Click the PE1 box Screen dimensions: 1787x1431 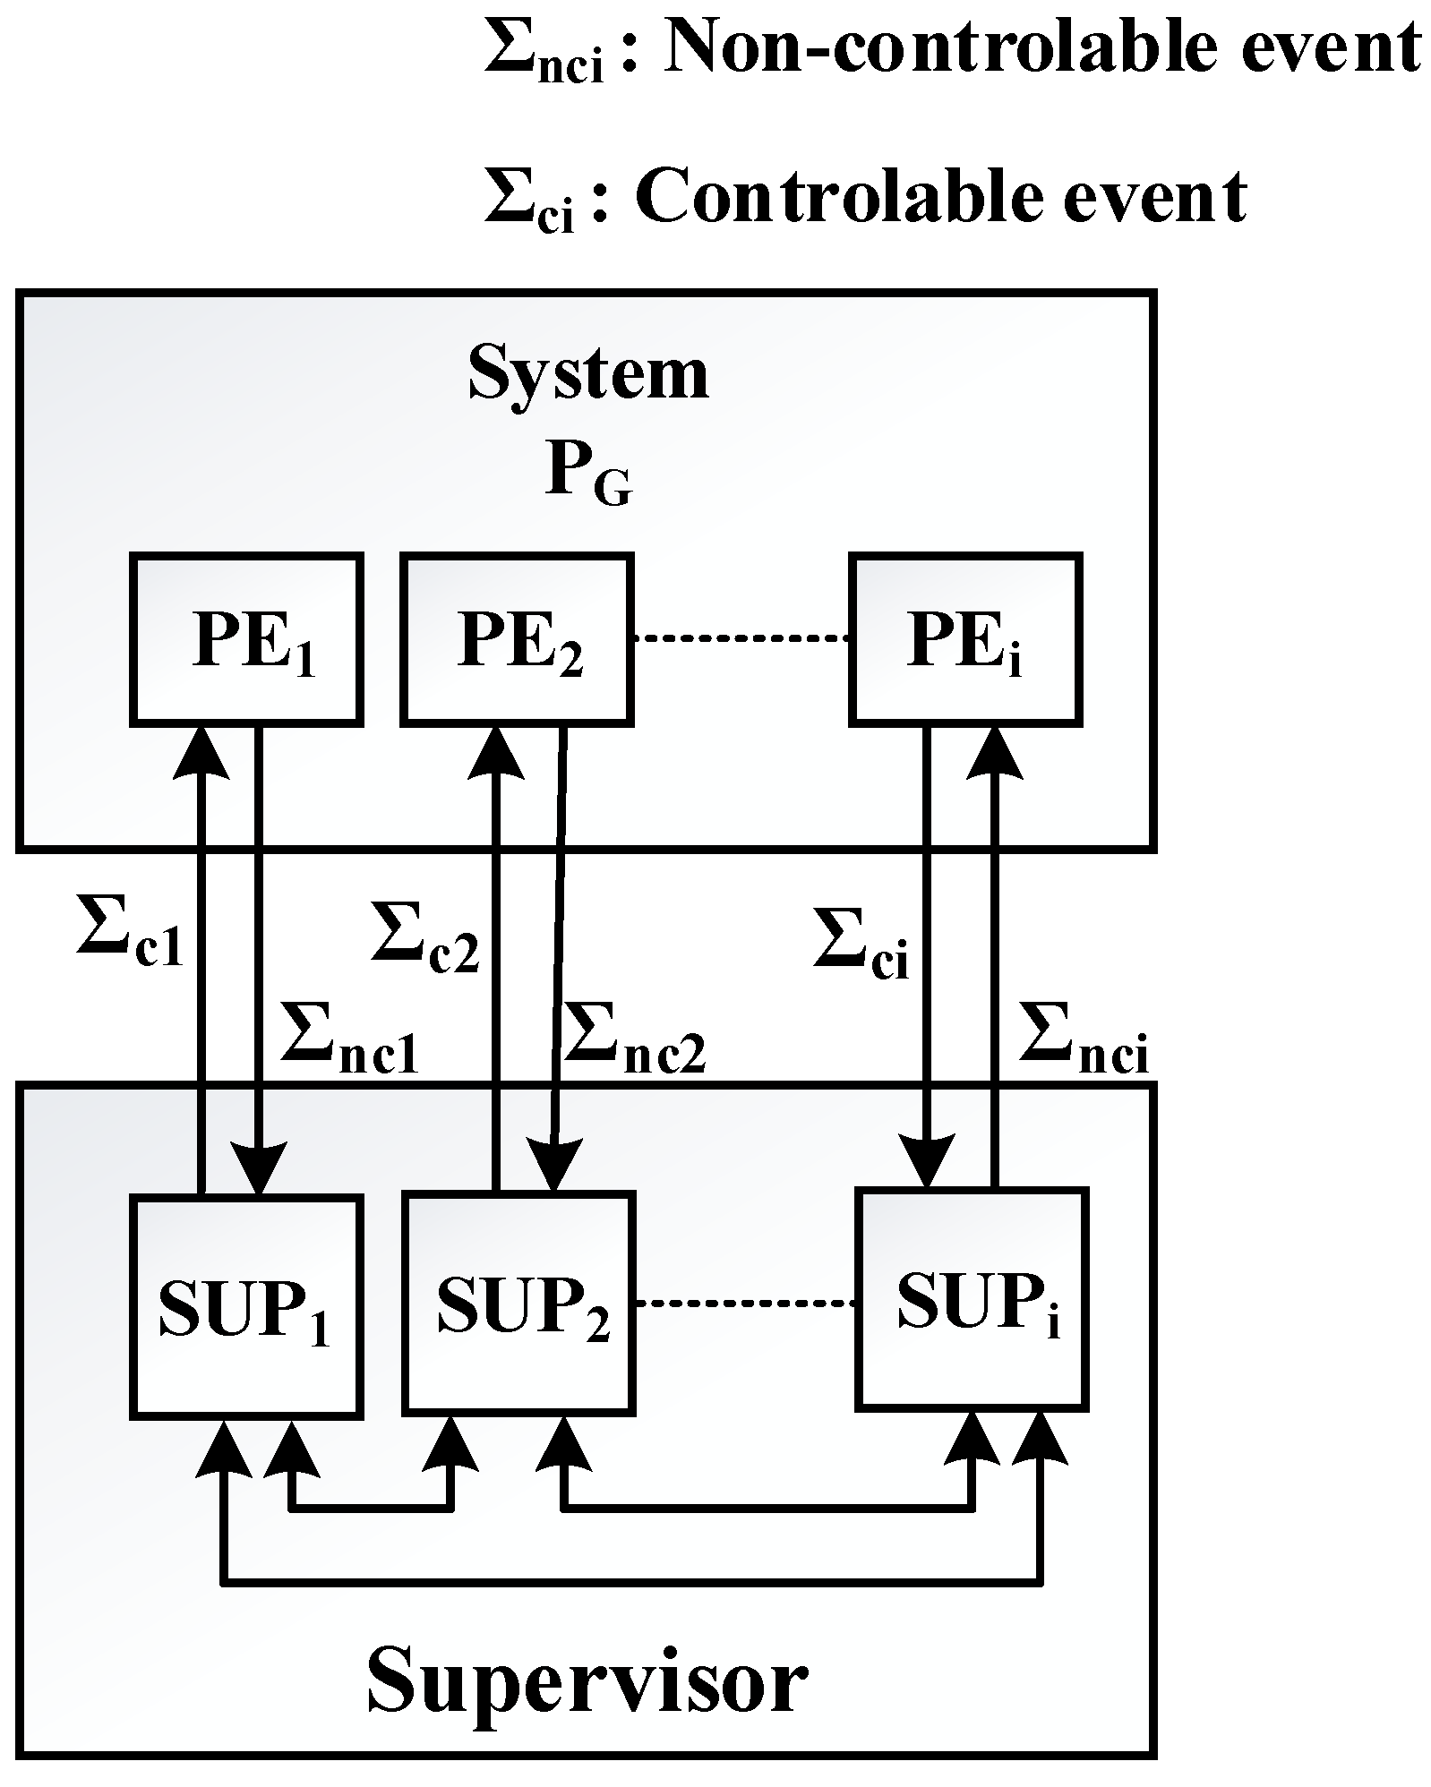pyautogui.click(x=247, y=637)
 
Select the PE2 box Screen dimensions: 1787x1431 pyautogui.click(x=518, y=637)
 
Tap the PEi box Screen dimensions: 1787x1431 pyautogui.click(x=965, y=637)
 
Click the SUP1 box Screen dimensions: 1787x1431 pyautogui.click(x=246, y=1306)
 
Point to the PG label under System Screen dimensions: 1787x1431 pyautogui.click(x=587, y=475)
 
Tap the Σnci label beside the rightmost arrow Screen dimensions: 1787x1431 pyautogui.click(x=1084, y=1039)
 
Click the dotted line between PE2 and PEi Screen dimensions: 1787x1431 pyautogui.click(x=741, y=638)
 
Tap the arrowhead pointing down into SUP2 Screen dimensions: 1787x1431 pyautogui.click(x=551, y=1164)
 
